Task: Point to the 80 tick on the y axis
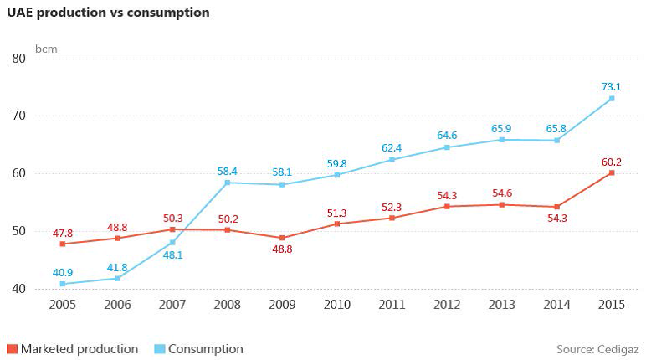tap(19, 58)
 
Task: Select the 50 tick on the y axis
tap(19, 231)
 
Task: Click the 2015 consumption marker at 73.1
tap(612, 98)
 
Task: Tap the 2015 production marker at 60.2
tap(612, 172)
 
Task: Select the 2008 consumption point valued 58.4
tap(228, 183)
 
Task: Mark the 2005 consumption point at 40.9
tap(63, 284)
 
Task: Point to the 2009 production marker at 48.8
tap(282, 238)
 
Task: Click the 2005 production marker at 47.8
tap(63, 244)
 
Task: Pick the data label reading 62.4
tap(392, 148)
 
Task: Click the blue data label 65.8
tap(556, 128)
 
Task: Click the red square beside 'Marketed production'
tap(12, 349)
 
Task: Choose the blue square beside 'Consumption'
tap(160, 349)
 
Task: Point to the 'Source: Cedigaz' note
tap(597, 349)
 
